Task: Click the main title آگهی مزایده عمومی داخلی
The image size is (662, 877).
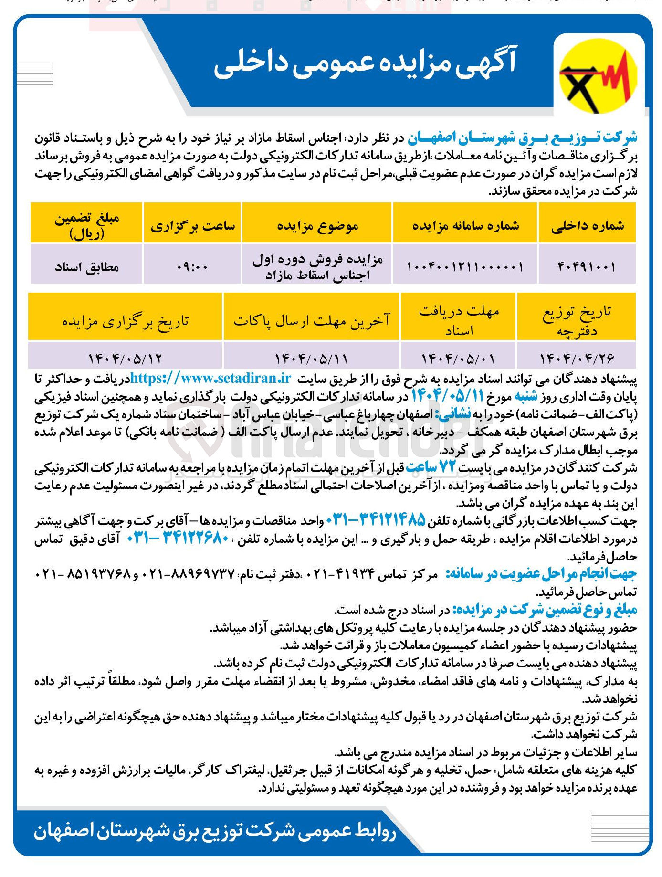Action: (365, 63)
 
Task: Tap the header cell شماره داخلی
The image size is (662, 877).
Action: (587, 225)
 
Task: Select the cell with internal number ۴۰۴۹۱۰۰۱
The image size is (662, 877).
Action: (587, 266)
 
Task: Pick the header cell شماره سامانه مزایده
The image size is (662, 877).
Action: (465, 225)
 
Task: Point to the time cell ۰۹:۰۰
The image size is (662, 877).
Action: (192, 266)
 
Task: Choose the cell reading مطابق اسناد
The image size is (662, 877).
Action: (86, 266)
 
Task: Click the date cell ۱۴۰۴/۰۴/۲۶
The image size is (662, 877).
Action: (577, 357)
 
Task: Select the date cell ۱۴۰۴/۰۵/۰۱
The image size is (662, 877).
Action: (458, 357)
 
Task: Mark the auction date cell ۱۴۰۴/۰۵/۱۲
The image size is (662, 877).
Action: (125, 357)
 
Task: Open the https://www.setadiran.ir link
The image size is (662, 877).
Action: (210, 379)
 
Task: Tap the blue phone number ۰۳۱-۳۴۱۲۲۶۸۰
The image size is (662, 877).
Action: (178, 538)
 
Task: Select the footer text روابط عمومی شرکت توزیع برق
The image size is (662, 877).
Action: (215, 832)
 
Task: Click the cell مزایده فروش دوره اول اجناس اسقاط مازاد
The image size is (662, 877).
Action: (317, 266)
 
